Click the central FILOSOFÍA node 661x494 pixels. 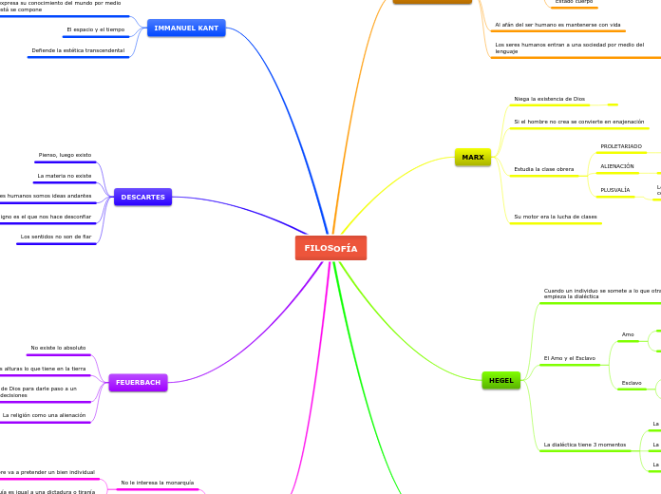pyautogui.click(x=330, y=248)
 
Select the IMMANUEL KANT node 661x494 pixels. pyautogui.click(x=186, y=28)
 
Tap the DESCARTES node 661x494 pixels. pyautogui.click(x=142, y=197)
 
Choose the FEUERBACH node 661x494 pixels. pyautogui.click(x=138, y=382)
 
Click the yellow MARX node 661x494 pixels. pyautogui.click(x=473, y=157)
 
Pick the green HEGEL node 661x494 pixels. pyautogui.click(x=500, y=380)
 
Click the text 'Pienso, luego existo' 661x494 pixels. pyautogui.click(x=65, y=154)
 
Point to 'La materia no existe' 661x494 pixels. pyautogui.click(x=64, y=176)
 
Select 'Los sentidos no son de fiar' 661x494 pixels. pyautogui.click(x=56, y=236)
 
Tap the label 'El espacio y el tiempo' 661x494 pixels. pyautogui.click(x=95, y=29)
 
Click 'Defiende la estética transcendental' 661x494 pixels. pyautogui.click(x=78, y=49)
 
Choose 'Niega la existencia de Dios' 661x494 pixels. pyautogui.click(x=549, y=99)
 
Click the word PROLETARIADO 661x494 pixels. pyautogui.click(x=621, y=146)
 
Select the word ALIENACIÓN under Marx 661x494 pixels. pyautogui.click(x=617, y=166)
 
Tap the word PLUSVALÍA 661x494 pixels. pyautogui.click(x=615, y=190)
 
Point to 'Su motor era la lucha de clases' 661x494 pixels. pyautogui.click(x=556, y=217)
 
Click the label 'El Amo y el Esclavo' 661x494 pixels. pyautogui.click(x=569, y=358)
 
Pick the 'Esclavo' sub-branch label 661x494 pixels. pyautogui.click(x=632, y=383)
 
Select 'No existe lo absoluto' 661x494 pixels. pyautogui.click(x=58, y=348)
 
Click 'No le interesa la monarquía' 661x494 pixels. pyautogui.click(x=157, y=483)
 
